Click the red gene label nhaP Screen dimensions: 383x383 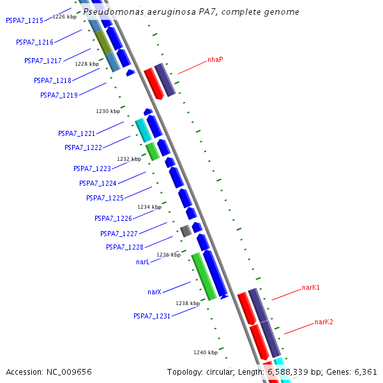pos(215,60)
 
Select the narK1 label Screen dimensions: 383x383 pos(311,288)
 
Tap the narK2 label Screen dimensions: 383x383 pos(324,322)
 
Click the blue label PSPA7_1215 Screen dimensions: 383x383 pos(24,20)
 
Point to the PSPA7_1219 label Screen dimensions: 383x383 pos(59,95)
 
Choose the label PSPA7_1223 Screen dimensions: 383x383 pos(92,169)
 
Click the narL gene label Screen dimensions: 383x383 pos(143,262)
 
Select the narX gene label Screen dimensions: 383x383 pos(154,292)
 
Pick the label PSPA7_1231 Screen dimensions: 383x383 pos(152,316)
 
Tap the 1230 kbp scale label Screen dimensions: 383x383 pos(108,111)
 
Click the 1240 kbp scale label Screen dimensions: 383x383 pos(206,352)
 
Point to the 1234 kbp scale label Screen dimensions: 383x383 pos(149,207)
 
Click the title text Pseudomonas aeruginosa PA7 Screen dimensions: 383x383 pos(191,12)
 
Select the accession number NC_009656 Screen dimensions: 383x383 pos(70,372)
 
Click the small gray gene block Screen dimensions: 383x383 pos(186,231)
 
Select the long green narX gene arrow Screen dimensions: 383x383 pos(204,276)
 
